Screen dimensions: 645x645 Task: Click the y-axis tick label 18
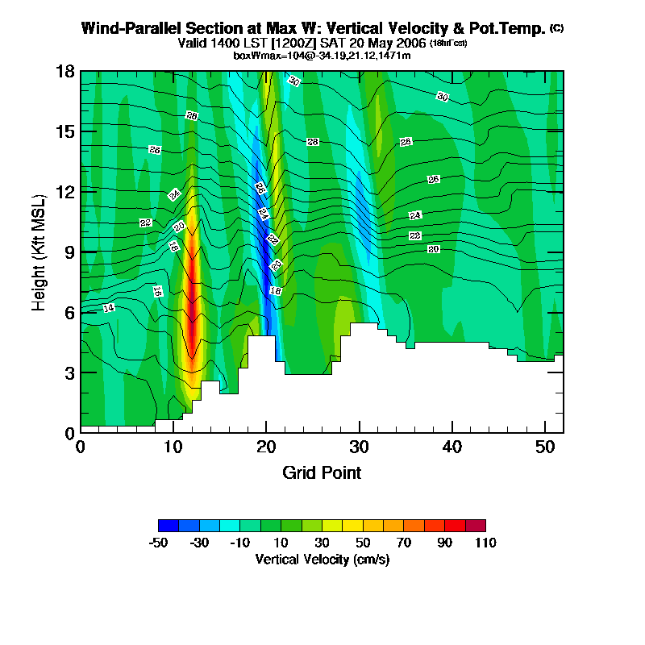tap(65, 72)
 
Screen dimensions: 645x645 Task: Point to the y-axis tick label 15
tap(65, 131)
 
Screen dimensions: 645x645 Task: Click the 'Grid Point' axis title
tap(322, 472)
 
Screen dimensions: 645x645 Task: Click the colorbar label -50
tap(158, 543)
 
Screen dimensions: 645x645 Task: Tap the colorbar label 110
tap(485, 543)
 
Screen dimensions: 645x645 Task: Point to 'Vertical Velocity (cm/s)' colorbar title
tap(322, 559)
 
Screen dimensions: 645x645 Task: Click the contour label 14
tap(109, 308)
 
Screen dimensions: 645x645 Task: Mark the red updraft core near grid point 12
tap(193, 314)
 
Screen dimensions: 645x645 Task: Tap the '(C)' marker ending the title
tap(556, 28)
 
